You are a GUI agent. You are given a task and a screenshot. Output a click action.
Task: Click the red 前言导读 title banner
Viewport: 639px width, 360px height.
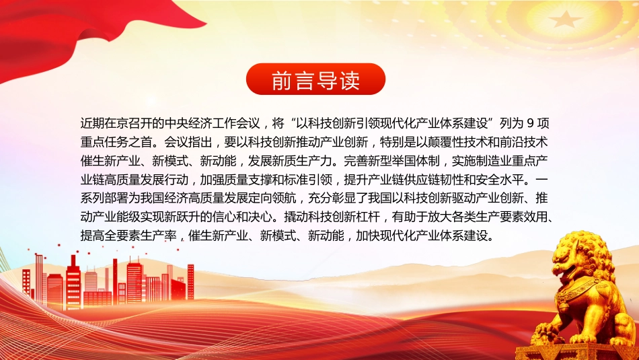(x=316, y=79)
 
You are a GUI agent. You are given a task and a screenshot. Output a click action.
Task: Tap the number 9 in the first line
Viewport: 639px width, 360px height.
(x=530, y=123)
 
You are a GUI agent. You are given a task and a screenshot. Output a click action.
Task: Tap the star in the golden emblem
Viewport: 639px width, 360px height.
(x=565, y=19)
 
